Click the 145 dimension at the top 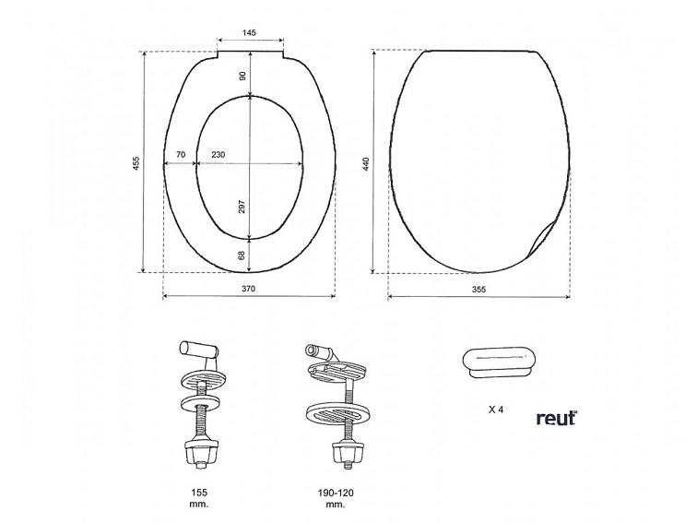click(249, 32)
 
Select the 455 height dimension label click(136, 163)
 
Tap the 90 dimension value click(242, 76)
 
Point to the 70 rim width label click(181, 155)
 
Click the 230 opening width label click(218, 155)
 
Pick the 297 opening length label click(242, 207)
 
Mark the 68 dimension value click(242, 256)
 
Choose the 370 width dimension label click(249, 289)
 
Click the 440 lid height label click(366, 165)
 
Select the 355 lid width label click(478, 289)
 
